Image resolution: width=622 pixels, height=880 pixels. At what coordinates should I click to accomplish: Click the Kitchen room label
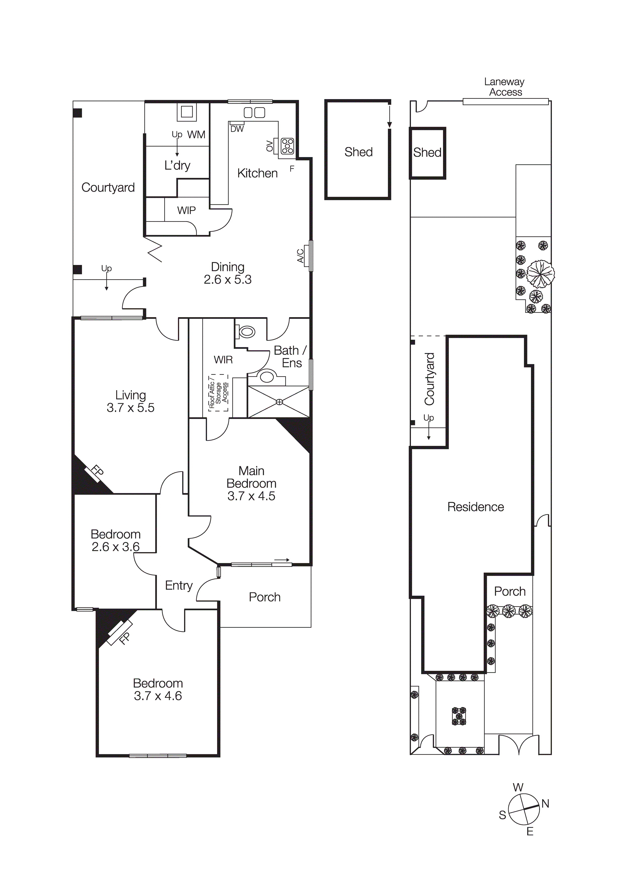click(257, 173)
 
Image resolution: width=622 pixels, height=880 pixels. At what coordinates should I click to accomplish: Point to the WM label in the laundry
click(196, 134)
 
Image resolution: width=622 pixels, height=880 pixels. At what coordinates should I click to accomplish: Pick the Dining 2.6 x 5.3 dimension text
click(227, 280)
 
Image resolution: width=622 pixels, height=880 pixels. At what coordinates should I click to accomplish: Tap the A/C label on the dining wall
click(301, 256)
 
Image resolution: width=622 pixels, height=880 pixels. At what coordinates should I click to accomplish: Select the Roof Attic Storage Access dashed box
click(218, 393)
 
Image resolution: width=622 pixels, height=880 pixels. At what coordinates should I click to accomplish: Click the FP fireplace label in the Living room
click(97, 471)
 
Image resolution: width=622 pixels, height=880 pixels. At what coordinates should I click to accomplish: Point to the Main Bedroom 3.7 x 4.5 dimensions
click(251, 496)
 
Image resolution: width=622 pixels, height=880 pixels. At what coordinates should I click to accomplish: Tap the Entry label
click(179, 585)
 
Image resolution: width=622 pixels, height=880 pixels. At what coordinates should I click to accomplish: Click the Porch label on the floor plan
click(265, 597)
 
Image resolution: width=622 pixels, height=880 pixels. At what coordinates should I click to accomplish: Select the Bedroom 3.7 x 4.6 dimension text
click(158, 696)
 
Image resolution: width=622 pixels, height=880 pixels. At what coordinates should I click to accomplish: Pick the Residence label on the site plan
click(475, 507)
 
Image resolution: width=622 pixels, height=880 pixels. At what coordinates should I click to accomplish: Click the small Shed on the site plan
click(427, 153)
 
